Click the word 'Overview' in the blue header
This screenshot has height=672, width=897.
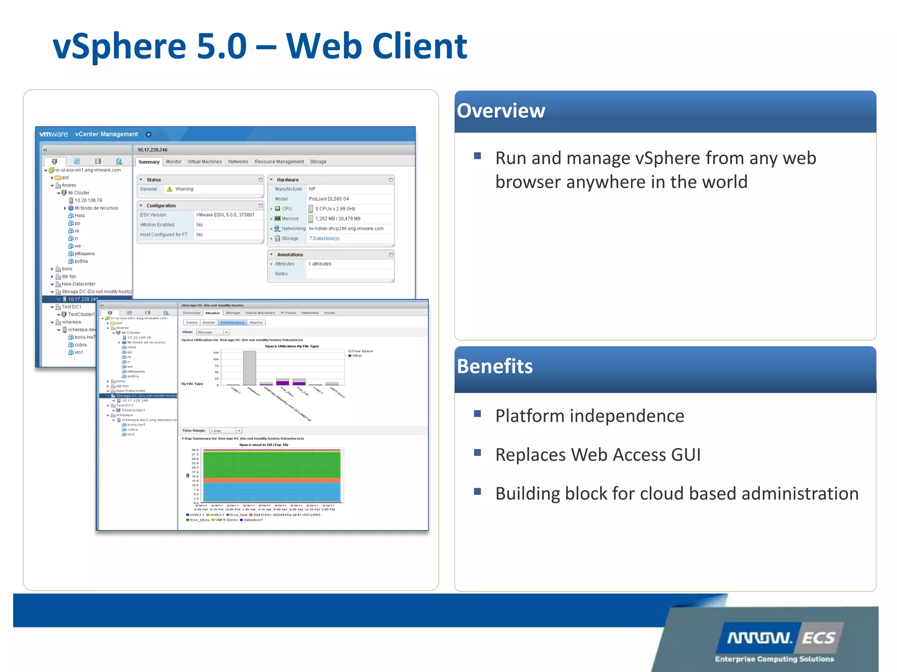click(501, 111)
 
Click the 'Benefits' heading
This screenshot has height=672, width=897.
click(494, 366)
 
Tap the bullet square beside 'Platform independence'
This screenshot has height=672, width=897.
click(477, 414)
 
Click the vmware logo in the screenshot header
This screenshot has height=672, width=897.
click(53, 134)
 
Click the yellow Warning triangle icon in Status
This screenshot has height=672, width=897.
click(170, 189)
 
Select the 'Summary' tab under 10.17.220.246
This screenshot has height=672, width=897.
click(149, 162)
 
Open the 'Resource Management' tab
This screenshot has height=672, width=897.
click(279, 162)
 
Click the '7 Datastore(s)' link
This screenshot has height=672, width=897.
click(324, 238)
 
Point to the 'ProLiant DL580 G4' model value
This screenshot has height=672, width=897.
click(329, 199)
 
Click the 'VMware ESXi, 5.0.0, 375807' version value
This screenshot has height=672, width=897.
click(225, 215)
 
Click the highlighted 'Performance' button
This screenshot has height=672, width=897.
click(232, 323)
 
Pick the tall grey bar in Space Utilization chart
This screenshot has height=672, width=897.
click(250, 367)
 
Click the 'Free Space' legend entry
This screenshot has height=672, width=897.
click(362, 351)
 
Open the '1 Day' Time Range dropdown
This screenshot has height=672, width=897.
click(226, 431)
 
